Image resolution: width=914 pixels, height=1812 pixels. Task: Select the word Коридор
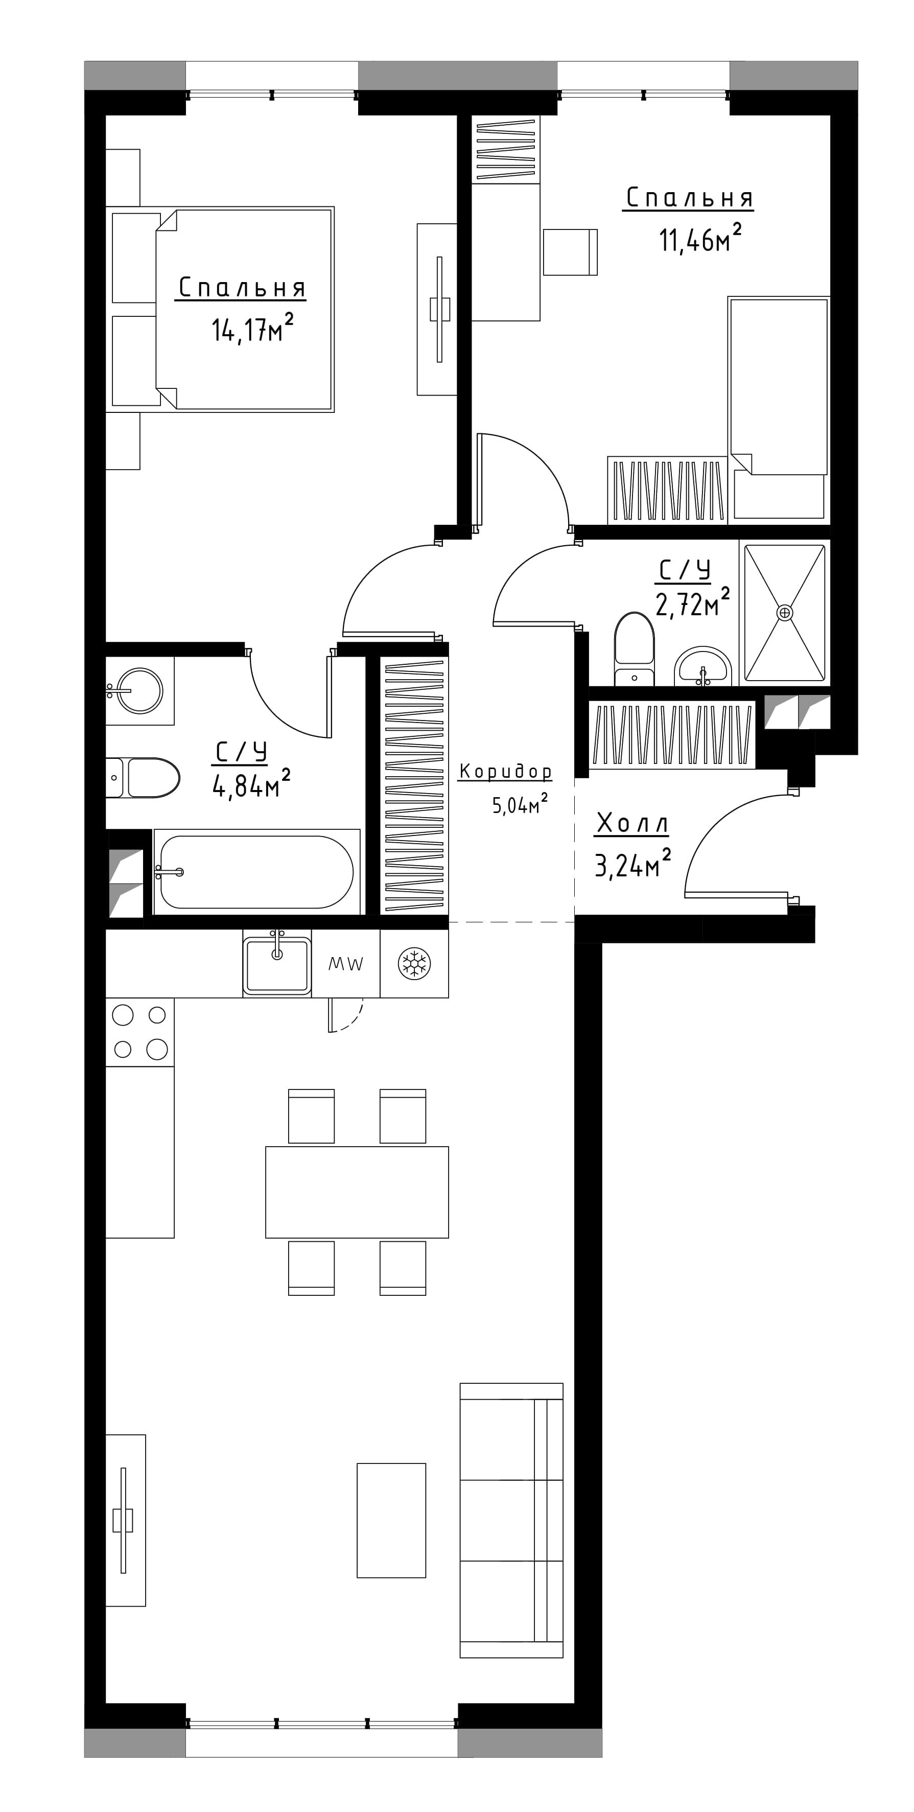point(505,772)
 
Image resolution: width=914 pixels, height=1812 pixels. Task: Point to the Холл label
point(631,823)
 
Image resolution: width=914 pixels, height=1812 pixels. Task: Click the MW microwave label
point(346,964)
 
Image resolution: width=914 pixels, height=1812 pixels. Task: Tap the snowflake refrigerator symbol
point(414,963)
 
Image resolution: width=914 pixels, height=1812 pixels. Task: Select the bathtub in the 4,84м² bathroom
point(256,872)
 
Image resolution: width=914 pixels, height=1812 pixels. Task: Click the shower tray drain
point(784,613)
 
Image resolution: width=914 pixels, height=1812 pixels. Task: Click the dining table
point(357,1192)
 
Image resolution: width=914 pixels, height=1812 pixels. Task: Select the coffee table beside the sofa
point(391,1519)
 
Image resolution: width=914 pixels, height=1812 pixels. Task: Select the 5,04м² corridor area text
point(520,804)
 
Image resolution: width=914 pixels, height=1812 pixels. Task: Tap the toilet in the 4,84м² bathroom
point(143,777)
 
